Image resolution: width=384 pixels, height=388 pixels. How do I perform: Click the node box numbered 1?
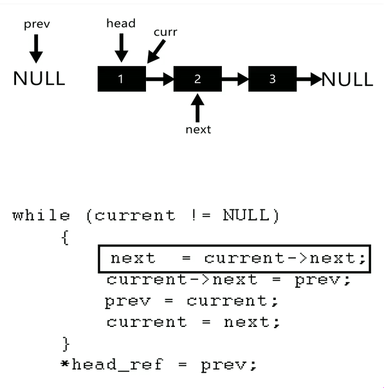click(122, 78)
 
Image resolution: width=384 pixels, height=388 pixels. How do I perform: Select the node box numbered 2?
click(197, 78)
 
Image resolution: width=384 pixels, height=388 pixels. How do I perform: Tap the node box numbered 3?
click(273, 78)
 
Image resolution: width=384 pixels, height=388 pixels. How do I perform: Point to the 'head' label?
click(121, 23)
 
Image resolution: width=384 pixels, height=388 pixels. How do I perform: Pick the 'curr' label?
click(165, 32)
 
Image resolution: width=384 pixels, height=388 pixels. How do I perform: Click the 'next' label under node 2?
click(198, 129)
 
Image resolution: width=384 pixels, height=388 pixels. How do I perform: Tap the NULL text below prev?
click(39, 78)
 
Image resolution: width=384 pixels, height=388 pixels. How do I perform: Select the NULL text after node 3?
click(347, 79)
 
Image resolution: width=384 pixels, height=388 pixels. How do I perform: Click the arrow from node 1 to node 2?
click(160, 79)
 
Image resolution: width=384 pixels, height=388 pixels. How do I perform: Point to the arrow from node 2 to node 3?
click(235, 79)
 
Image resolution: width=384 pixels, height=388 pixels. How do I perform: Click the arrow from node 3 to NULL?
click(309, 79)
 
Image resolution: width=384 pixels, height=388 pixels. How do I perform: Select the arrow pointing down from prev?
click(36, 49)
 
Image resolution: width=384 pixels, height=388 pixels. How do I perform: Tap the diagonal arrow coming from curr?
click(156, 51)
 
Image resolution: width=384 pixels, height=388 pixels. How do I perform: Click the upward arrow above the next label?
click(197, 108)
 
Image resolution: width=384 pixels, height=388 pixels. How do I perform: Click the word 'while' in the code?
click(41, 215)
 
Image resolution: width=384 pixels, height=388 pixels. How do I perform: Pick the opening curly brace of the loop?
click(65, 238)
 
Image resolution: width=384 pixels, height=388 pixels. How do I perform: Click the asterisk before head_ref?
click(65, 364)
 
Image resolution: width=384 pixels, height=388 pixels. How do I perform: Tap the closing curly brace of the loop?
click(66, 344)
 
